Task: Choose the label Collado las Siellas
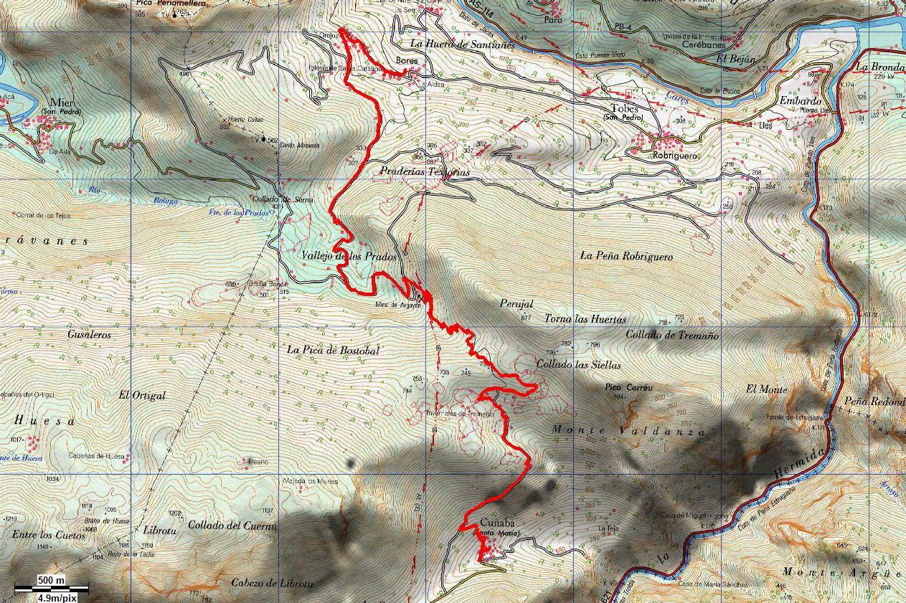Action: click(x=578, y=364)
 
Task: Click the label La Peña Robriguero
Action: click(x=626, y=255)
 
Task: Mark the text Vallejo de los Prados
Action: click(x=349, y=256)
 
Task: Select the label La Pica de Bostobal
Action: click(x=333, y=350)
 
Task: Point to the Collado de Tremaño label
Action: click(x=672, y=335)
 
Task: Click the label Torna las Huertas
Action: click(x=585, y=319)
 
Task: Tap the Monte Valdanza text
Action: click(x=629, y=431)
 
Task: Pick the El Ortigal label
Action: click(x=143, y=395)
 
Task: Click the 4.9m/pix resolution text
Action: click(x=57, y=597)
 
